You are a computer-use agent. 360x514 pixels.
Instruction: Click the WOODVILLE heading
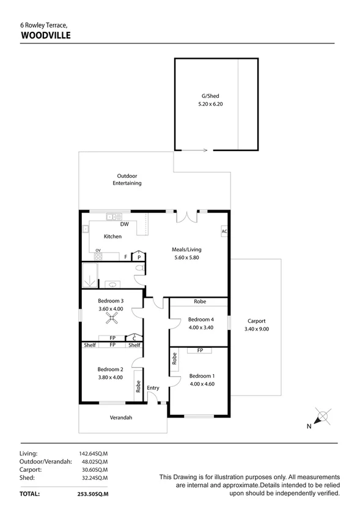coord(46,35)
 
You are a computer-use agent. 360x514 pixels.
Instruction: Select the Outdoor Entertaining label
coord(127,180)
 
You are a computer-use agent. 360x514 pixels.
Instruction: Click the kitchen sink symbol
coord(112,216)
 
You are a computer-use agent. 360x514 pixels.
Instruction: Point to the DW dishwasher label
coord(124,224)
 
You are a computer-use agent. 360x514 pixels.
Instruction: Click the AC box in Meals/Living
coord(224,232)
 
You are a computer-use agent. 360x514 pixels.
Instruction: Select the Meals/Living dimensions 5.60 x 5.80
coord(186,258)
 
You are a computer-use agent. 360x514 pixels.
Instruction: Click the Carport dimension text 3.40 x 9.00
coord(256,329)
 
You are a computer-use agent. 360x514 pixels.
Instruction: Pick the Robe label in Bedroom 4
coord(199,302)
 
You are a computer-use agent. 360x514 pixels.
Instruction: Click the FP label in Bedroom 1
coord(199,350)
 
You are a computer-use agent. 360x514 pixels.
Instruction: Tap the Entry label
coord(153,388)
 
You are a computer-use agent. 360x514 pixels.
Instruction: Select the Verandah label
coord(121,417)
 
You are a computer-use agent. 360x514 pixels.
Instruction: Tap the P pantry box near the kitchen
coord(139,257)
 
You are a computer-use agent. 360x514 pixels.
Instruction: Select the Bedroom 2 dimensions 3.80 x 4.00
coord(111,377)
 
